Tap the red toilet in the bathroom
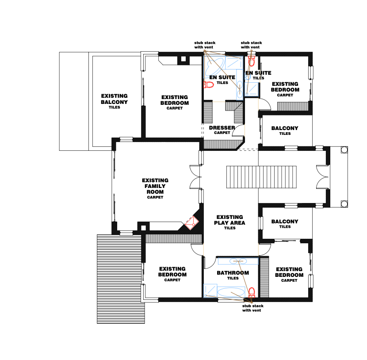[x=252, y=292]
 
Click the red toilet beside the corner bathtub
[x=208, y=84]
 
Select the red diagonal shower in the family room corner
[x=192, y=223]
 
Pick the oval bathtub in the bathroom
[x=231, y=292]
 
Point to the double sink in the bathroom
[x=238, y=261]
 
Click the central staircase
[x=261, y=177]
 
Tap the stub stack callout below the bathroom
[x=253, y=308]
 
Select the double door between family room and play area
[x=195, y=177]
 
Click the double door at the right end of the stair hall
[x=322, y=177]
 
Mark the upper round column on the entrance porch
[x=344, y=150]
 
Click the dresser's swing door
[x=238, y=130]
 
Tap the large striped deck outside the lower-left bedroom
[x=121, y=279]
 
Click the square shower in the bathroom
[x=210, y=291]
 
